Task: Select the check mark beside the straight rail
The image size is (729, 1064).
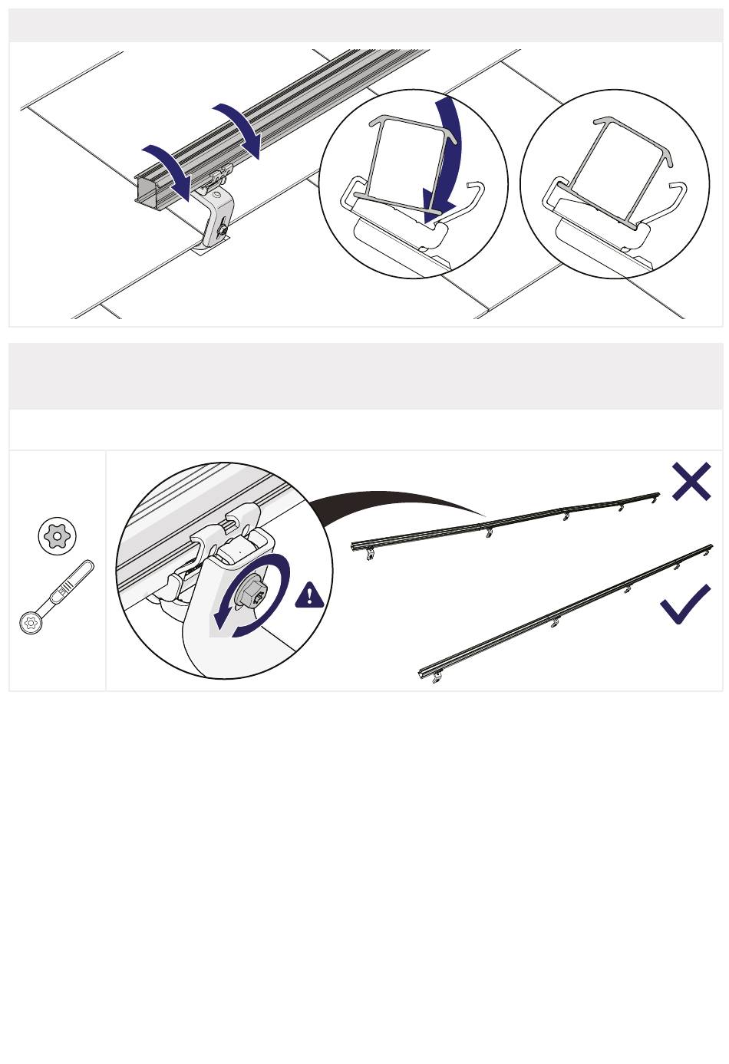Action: [685, 604]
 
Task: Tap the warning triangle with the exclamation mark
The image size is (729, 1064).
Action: [309, 595]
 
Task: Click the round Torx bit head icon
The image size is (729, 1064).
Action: [58, 535]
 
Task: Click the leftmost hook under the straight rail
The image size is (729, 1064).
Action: [437, 677]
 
